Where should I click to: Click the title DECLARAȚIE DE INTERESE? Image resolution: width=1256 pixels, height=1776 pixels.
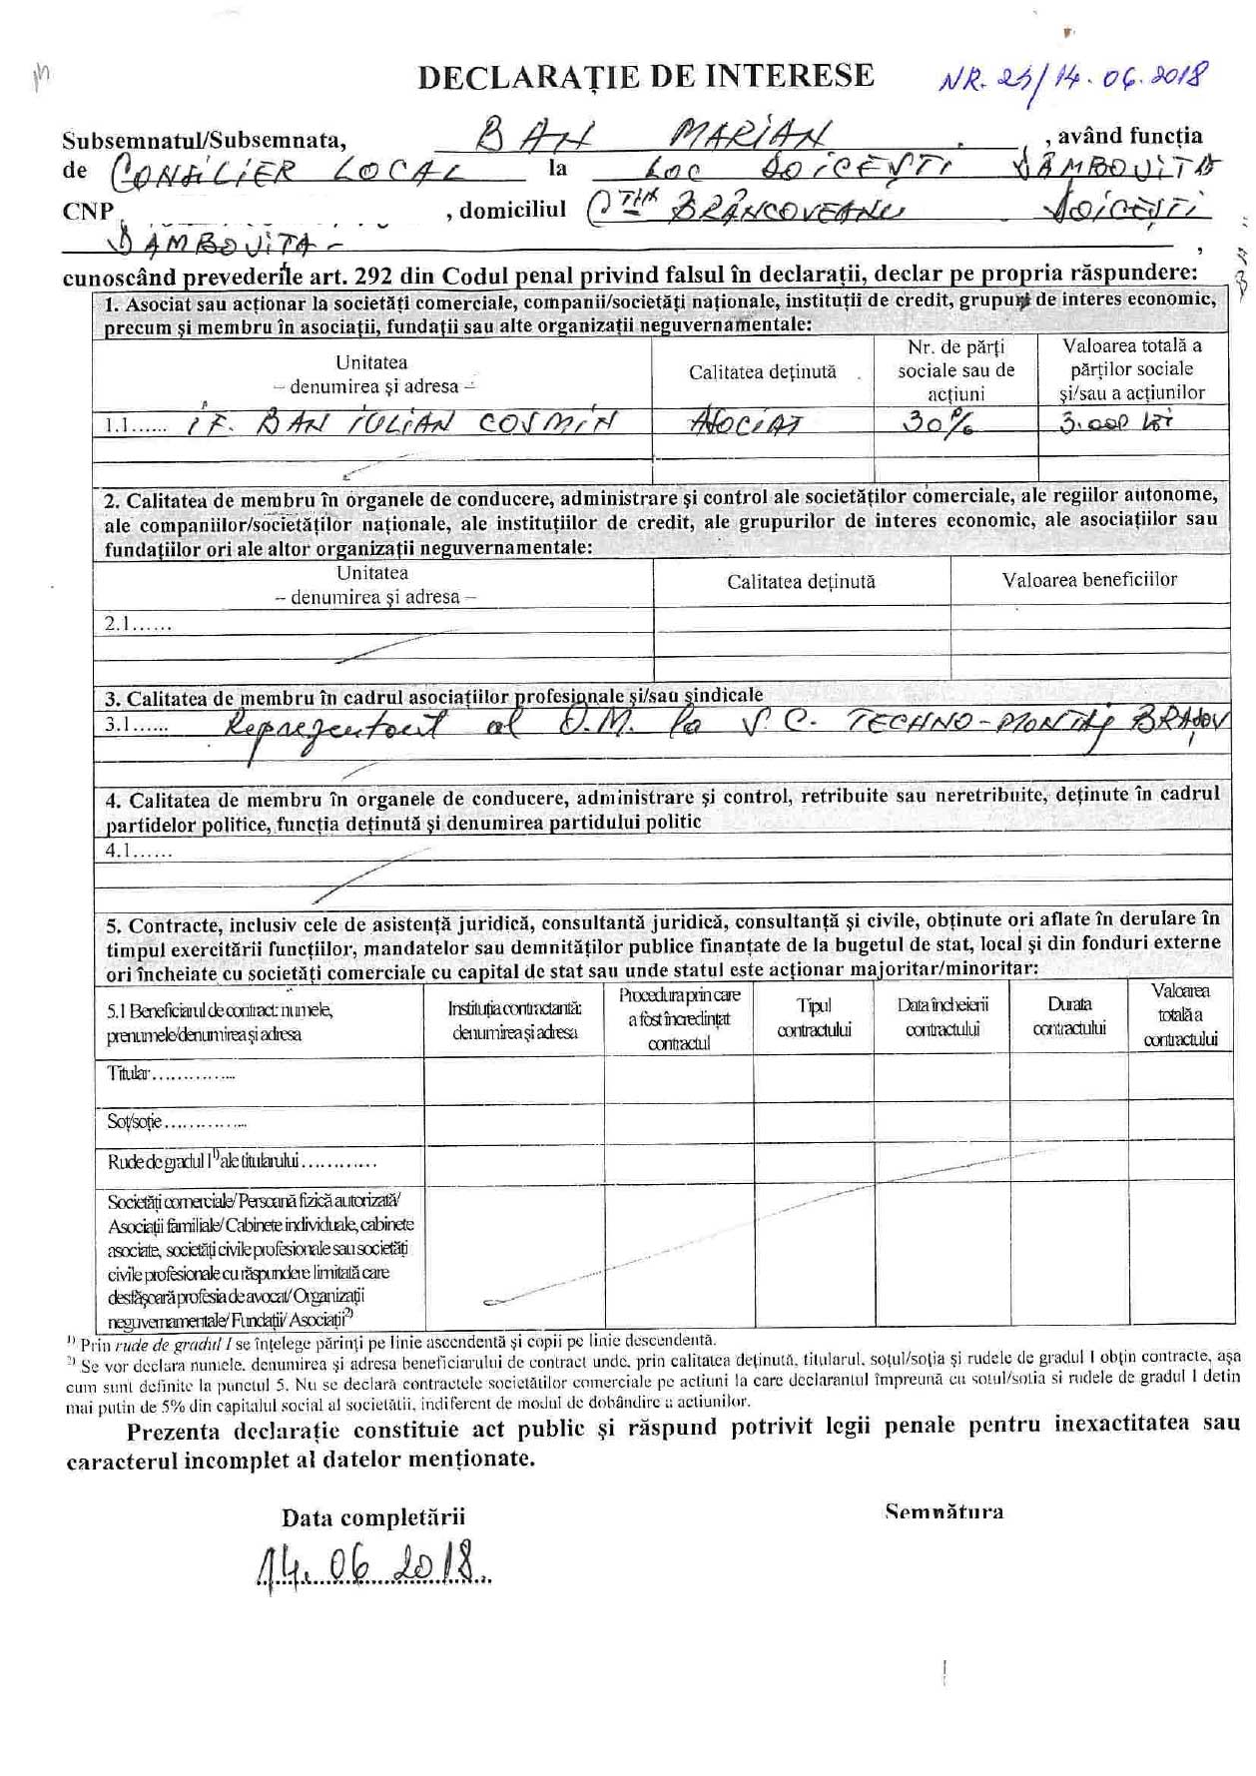pyautogui.click(x=646, y=77)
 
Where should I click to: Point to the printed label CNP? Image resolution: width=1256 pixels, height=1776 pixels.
pyautogui.click(x=87, y=212)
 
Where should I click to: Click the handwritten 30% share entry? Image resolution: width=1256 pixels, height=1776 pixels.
pyautogui.click(x=938, y=423)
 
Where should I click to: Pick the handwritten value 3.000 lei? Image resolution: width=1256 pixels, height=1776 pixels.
pyautogui.click(x=1115, y=422)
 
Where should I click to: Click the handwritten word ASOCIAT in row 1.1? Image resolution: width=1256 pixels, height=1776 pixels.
pyautogui.click(x=748, y=423)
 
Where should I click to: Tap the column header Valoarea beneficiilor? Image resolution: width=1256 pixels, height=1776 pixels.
pyautogui.click(x=1089, y=580)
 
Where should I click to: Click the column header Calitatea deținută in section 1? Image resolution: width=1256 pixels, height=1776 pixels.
pyautogui.click(x=763, y=371)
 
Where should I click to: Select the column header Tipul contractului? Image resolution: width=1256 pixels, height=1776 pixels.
pyautogui.click(x=814, y=1017)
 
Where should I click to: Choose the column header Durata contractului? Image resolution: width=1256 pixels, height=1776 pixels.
pyautogui.click(x=1069, y=1016)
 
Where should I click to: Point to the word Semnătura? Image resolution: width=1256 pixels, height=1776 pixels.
pyautogui.click(x=943, y=1511)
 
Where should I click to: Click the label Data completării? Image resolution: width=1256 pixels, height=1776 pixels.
pyautogui.click(x=373, y=1517)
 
